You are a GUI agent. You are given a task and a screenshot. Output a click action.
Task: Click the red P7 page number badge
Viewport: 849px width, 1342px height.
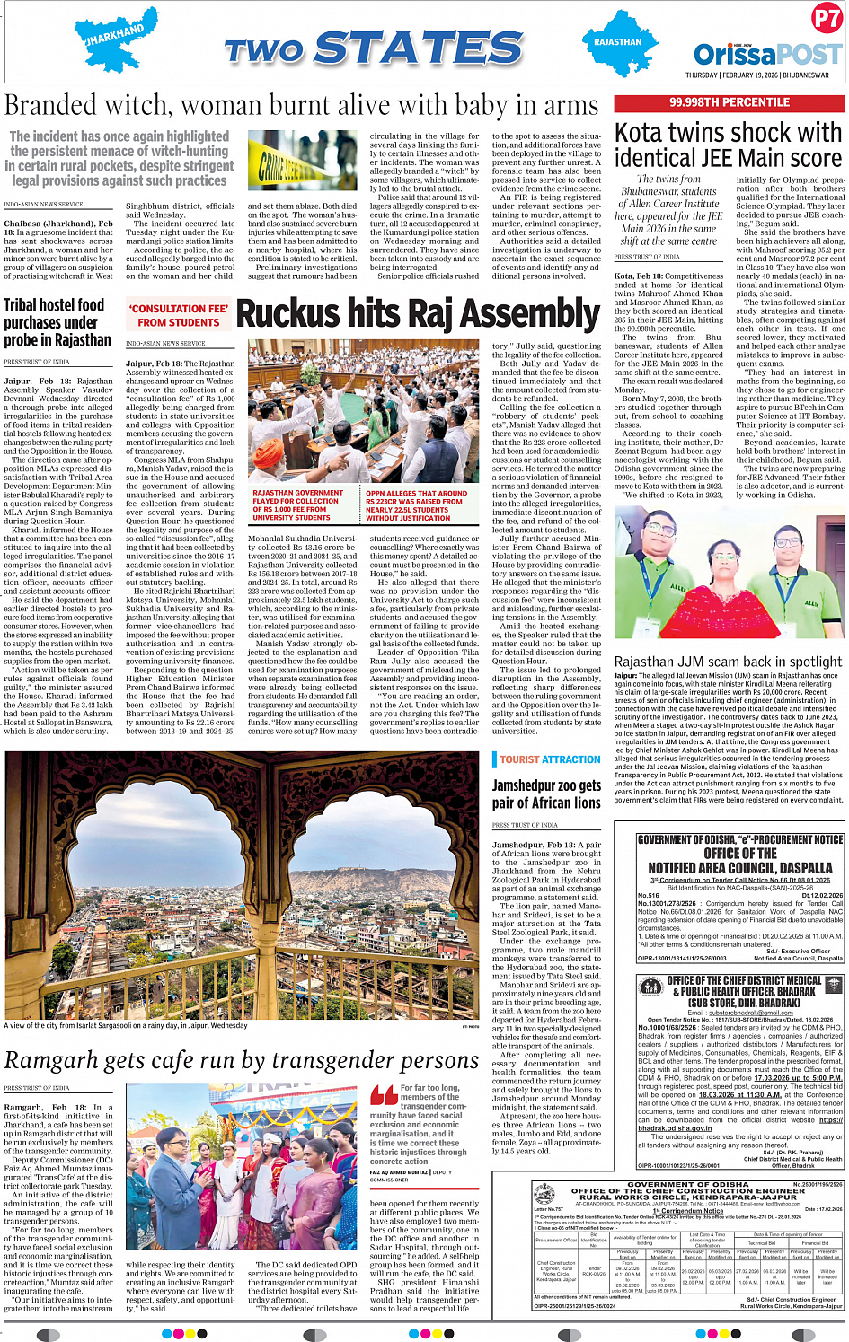[826, 19]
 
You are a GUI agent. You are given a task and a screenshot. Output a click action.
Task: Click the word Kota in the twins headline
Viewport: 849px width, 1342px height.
[642, 134]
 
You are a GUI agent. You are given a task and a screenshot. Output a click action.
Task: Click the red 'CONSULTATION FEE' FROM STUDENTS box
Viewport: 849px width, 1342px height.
[178, 315]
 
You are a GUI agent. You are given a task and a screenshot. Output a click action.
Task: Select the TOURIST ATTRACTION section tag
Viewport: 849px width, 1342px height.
[550, 759]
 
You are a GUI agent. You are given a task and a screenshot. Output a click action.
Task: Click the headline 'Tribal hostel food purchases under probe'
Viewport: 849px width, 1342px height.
[57, 322]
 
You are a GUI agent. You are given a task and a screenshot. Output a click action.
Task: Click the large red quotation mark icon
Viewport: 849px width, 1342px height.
[384, 1096]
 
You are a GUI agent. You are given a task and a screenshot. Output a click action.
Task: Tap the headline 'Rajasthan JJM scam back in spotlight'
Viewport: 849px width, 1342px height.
[728, 661]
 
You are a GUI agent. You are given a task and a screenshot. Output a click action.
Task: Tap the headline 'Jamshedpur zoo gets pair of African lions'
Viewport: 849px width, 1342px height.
[546, 794]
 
